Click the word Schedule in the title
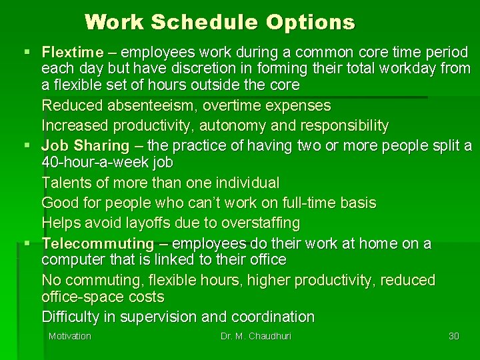pos(205,23)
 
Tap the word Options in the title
pos(310,23)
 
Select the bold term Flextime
pos(73,52)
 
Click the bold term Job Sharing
pos(85,145)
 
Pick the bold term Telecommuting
pos(97,243)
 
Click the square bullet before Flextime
pos(27,52)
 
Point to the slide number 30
pos(454,336)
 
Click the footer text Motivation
pos(69,336)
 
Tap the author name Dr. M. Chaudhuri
pos(256,336)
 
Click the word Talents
pos(64,182)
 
